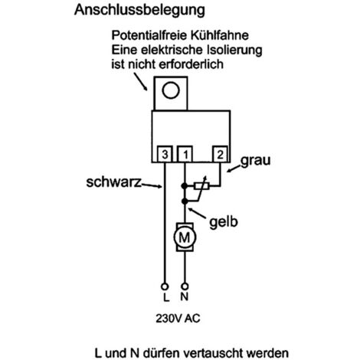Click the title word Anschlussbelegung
point(139,11)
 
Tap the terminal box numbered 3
point(165,154)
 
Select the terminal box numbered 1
point(185,154)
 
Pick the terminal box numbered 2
point(221,154)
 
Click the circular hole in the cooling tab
point(171,90)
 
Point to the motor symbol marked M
point(185,237)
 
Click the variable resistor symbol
point(201,186)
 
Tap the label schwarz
point(113,182)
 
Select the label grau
point(255,161)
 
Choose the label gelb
point(224,221)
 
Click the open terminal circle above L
point(165,286)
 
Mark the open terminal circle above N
point(185,286)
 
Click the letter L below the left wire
point(166,297)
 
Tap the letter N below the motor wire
point(185,296)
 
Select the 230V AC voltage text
point(178,319)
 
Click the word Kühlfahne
point(219,35)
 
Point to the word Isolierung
point(235,50)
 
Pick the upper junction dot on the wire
point(185,186)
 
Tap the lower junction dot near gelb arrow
point(185,201)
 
